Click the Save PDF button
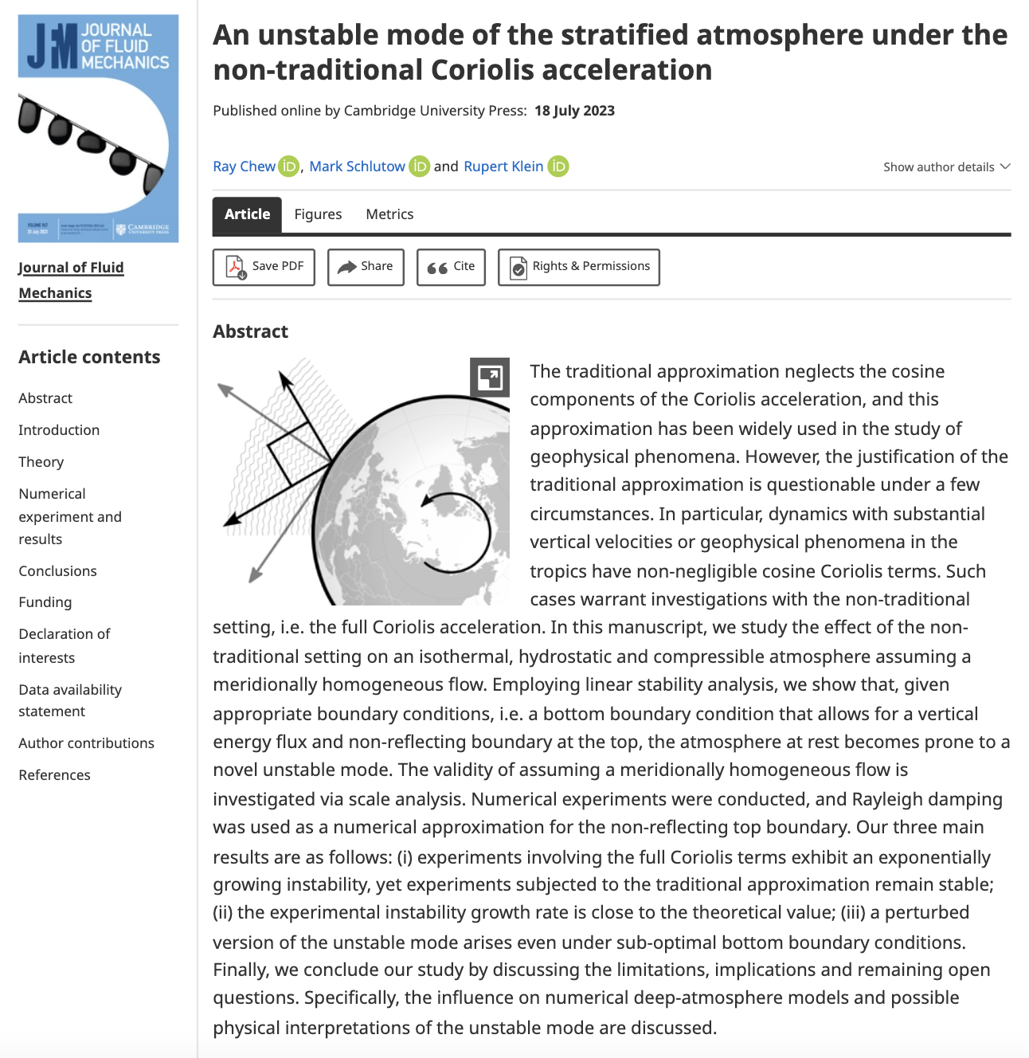(x=264, y=267)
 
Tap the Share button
(x=366, y=267)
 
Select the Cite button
(x=451, y=267)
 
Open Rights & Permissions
(x=579, y=267)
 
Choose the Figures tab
(x=318, y=214)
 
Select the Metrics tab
(x=389, y=214)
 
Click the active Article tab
(x=247, y=214)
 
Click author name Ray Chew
(x=244, y=167)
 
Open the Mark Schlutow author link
(x=357, y=167)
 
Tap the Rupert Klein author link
(x=503, y=167)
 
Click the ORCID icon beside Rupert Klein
(x=558, y=167)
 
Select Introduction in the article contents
(x=59, y=430)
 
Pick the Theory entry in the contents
(x=41, y=462)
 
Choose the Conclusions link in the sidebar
(x=57, y=571)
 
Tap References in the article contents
(x=54, y=775)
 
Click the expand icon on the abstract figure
(x=490, y=377)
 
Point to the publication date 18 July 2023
(x=574, y=111)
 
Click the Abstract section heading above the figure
(x=250, y=331)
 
